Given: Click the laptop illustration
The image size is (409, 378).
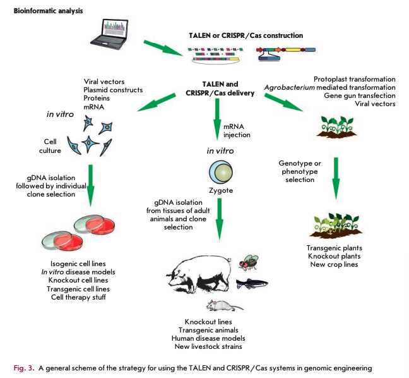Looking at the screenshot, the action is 110,34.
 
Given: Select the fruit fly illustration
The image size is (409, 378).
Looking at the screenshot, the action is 248,262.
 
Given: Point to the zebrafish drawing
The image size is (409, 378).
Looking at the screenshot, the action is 252,284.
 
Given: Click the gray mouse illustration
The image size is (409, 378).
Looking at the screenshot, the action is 224,306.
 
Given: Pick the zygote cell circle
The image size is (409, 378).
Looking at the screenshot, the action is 221,172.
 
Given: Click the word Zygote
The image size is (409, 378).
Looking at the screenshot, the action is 221,190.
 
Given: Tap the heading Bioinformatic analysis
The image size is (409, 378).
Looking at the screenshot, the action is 48,11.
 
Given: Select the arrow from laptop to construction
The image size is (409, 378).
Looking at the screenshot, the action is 163,48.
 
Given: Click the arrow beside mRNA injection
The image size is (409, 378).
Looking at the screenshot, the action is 217,119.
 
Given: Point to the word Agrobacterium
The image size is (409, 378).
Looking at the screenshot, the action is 290,87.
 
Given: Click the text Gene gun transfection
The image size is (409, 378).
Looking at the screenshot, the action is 360,95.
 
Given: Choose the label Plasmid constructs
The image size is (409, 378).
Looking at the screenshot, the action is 113,90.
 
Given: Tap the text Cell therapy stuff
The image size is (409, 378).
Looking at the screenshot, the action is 78,297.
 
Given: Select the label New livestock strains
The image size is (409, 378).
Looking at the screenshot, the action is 208,346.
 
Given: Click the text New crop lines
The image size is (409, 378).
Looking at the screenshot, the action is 334,264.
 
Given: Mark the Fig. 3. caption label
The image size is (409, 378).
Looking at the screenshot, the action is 24,368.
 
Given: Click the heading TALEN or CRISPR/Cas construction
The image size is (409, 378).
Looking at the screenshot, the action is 246,35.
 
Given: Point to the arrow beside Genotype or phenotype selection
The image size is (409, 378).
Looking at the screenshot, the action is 336,178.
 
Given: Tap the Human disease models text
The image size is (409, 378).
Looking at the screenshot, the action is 208,338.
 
